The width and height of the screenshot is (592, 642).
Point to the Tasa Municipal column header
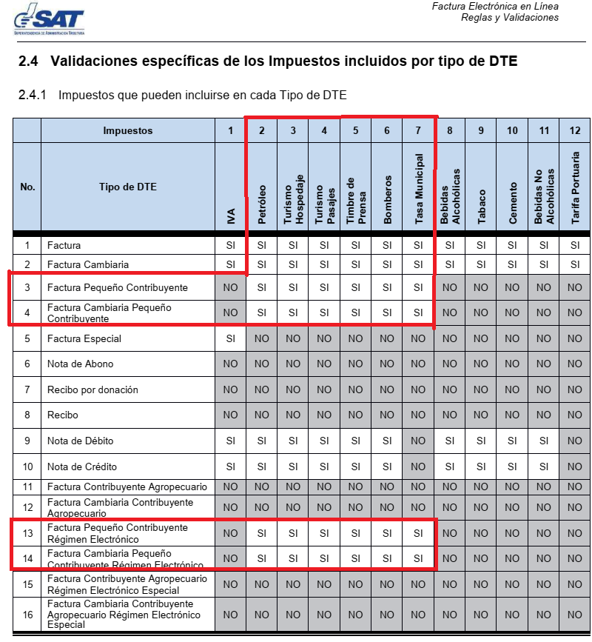tap(419, 190)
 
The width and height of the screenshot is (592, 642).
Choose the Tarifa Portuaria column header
tap(575, 188)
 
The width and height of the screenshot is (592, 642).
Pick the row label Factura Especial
tap(84, 338)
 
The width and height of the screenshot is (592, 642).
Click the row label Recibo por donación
tap(92, 389)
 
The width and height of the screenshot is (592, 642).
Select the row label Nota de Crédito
tap(82, 467)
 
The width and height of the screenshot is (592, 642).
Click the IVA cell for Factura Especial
tap(231, 338)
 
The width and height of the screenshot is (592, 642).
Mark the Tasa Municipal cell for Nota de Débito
tap(418, 441)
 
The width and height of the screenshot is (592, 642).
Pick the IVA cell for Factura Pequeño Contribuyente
tap(231, 287)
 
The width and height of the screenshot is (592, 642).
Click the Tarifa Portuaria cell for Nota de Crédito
tap(575, 467)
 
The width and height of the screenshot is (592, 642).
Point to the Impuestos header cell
tap(128, 130)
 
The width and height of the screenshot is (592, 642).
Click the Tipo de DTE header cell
tap(128, 187)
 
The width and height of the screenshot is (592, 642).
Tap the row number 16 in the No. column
tap(27, 615)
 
